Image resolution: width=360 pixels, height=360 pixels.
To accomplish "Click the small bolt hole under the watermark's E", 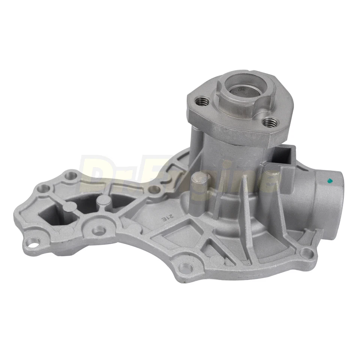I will coord(153,189).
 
